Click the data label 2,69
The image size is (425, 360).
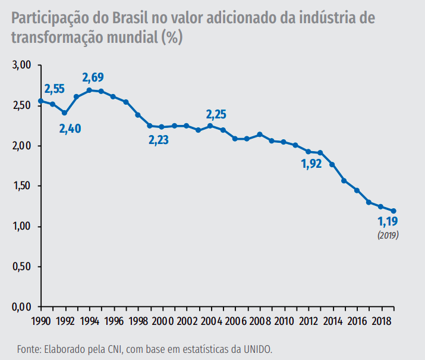[x=93, y=77]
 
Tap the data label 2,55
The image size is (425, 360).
[x=54, y=89]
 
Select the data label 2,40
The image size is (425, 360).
[x=70, y=128]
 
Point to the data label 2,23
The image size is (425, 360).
[x=159, y=140]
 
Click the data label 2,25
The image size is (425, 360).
[x=216, y=114]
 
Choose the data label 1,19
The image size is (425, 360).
[x=388, y=222]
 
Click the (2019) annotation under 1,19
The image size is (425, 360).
[x=388, y=235]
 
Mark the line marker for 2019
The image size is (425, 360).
[x=393, y=211]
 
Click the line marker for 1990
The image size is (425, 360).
[x=40, y=101]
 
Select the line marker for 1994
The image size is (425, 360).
[x=89, y=90]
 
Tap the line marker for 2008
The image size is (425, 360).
[x=260, y=134]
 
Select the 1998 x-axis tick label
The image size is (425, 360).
[x=138, y=321]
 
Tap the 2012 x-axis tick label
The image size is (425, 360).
[x=308, y=321]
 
